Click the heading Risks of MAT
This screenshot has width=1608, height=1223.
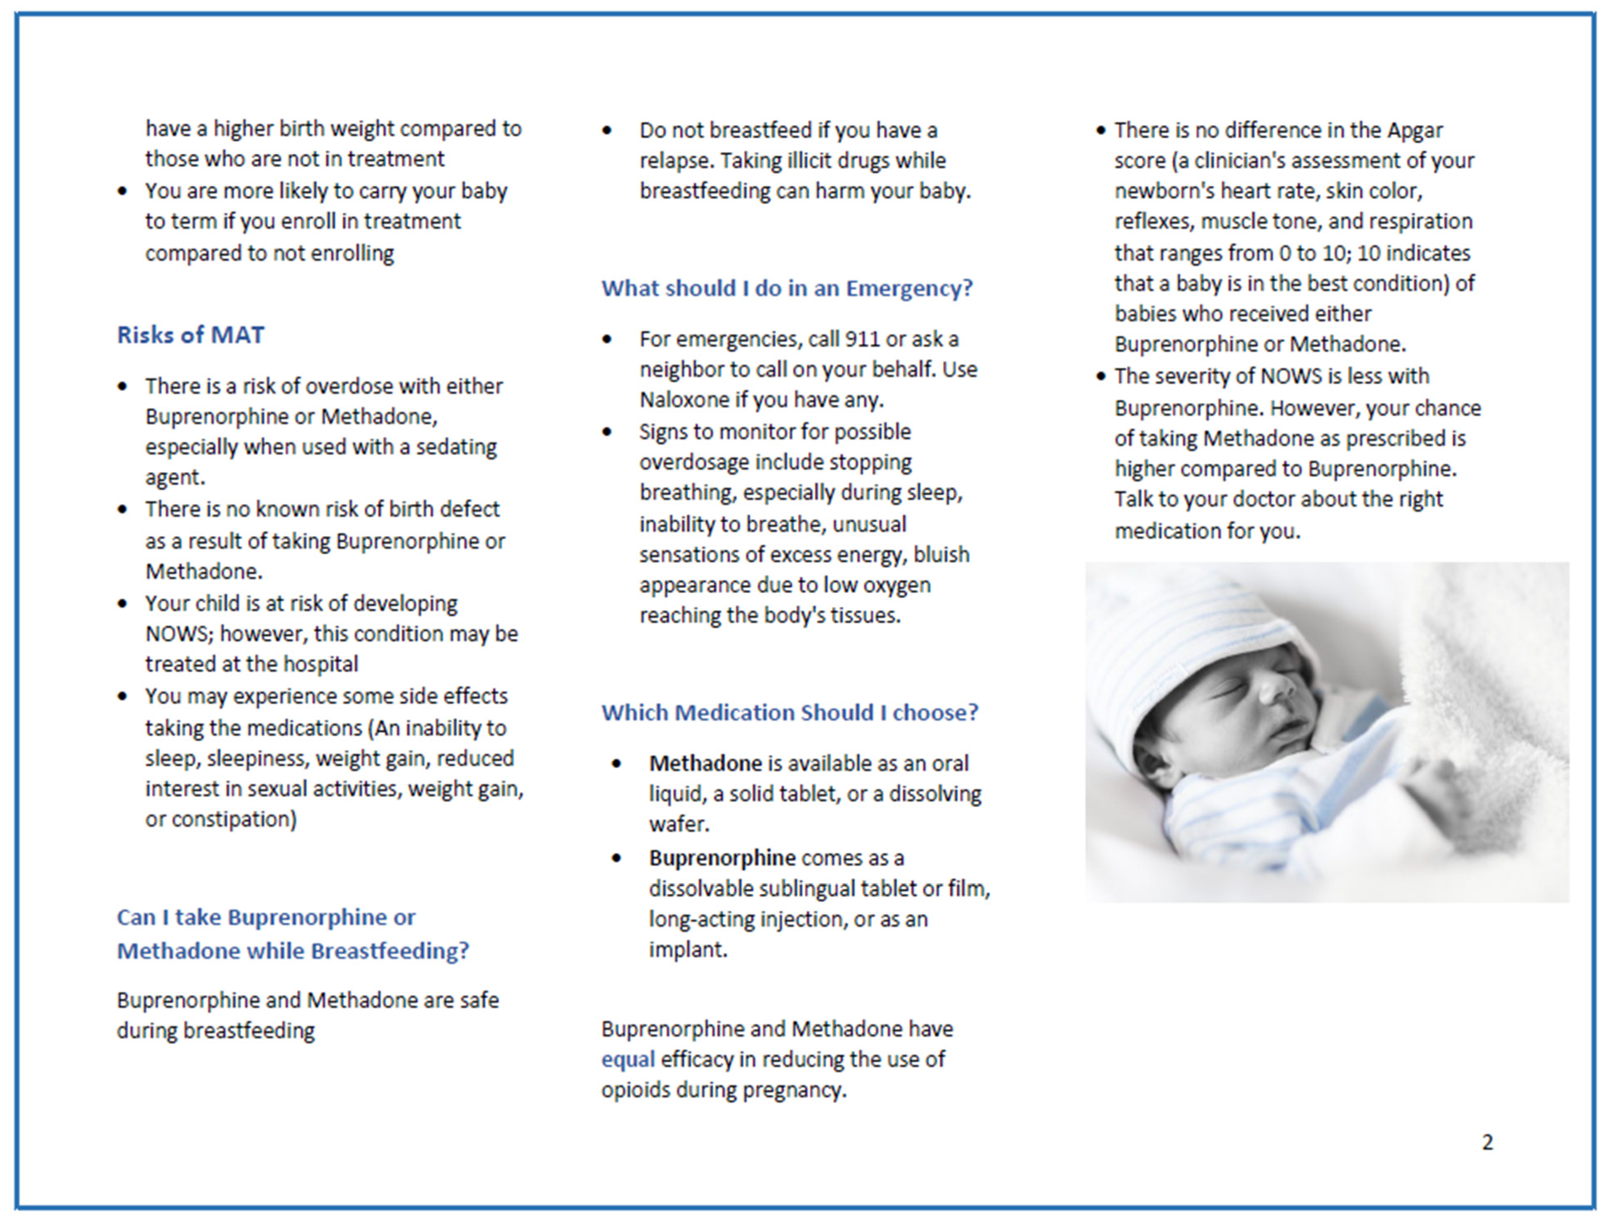click(x=190, y=335)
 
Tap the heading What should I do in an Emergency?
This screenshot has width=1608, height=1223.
click(x=787, y=288)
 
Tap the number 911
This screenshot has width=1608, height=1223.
click(x=862, y=339)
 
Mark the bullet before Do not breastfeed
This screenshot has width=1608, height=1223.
click(x=607, y=131)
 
